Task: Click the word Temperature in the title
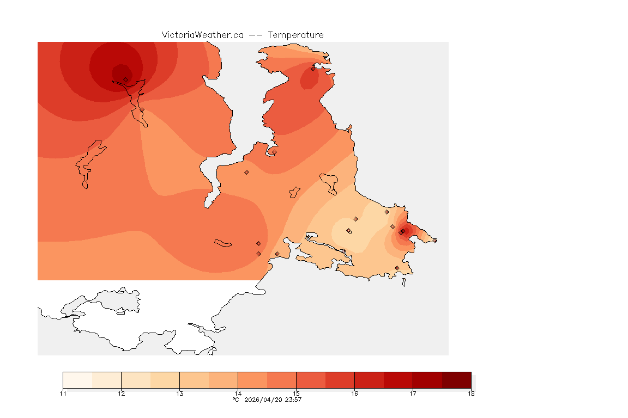pyautogui.click(x=295, y=35)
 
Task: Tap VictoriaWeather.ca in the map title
pyautogui.click(x=202, y=35)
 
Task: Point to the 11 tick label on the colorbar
pyautogui.click(x=63, y=394)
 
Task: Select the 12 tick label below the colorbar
pyautogui.click(x=121, y=394)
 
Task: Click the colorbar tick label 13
pyautogui.click(x=179, y=394)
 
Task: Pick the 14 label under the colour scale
pyautogui.click(x=238, y=394)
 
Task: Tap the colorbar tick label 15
pyautogui.click(x=296, y=394)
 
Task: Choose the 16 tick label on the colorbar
pyautogui.click(x=354, y=394)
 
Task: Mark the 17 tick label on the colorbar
pyautogui.click(x=413, y=394)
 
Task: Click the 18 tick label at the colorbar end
pyautogui.click(x=470, y=394)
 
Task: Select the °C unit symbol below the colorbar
pyautogui.click(x=235, y=399)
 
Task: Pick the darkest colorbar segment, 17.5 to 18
pyautogui.click(x=456, y=380)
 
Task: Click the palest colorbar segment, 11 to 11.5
pyautogui.click(x=77, y=380)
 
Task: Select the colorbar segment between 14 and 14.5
pyautogui.click(x=252, y=380)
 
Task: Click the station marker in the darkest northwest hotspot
pyautogui.click(x=126, y=79)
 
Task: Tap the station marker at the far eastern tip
pyautogui.click(x=435, y=241)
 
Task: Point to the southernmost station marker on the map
pyautogui.click(x=397, y=268)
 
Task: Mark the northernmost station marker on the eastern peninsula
pyautogui.click(x=313, y=69)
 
